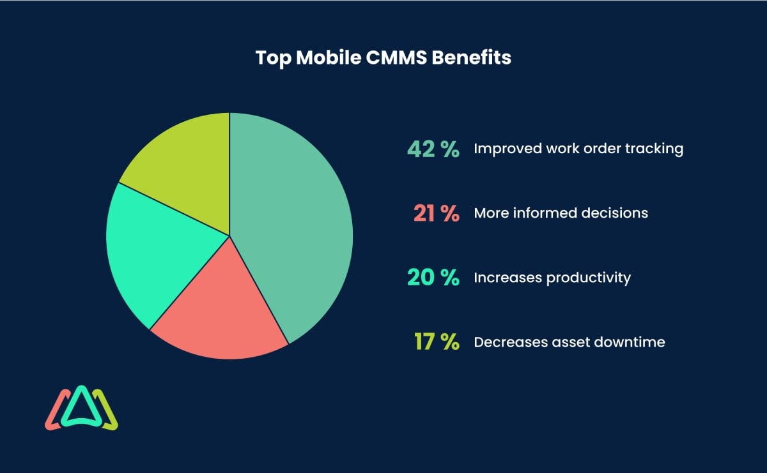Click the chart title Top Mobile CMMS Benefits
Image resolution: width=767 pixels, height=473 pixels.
[x=383, y=58]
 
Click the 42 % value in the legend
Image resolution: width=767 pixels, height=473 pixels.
[x=433, y=149]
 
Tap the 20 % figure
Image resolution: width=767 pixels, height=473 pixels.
[x=433, y=278]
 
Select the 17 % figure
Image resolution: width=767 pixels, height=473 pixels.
[x=437, y=342]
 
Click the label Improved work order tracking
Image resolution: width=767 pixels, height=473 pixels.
[x=578, y=149]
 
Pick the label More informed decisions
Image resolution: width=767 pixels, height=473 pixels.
[x=561, y=213]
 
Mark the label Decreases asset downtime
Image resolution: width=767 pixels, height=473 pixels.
[x=569, y=342]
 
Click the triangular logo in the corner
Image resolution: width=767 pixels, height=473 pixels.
[x=81, y=409]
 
